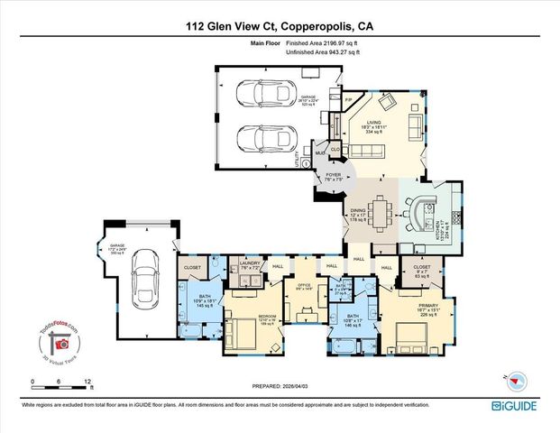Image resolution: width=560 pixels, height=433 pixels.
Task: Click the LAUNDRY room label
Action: pos(251,266)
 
